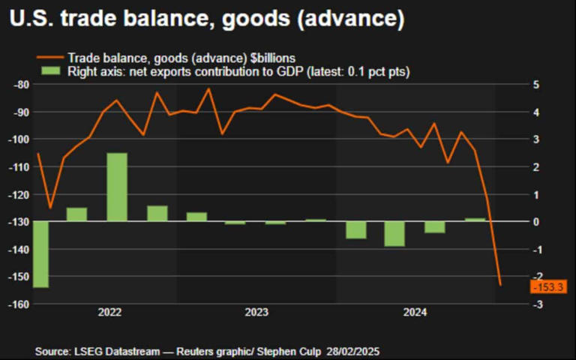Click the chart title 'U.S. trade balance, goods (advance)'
point(207,19)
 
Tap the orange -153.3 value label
point(548,287)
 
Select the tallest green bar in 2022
point(116,187)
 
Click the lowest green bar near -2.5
point(40,254)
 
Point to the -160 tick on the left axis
point(19,304)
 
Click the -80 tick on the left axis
point(22,85)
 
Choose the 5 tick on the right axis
point(537,85)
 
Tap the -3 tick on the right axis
point(535,304)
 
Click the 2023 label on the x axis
point(257,311)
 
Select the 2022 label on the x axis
point(109,311)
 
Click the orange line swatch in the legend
point(49,57)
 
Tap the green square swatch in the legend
point(49,70)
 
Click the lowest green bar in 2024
point(394,233)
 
